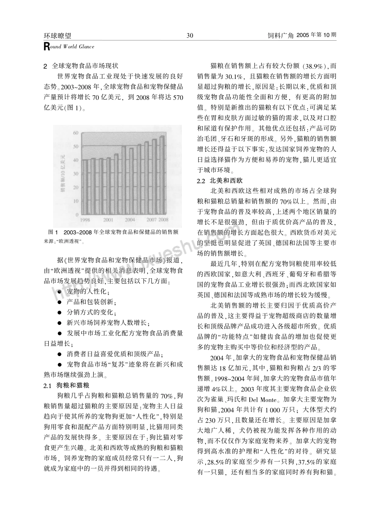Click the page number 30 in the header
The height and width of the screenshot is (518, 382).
190,35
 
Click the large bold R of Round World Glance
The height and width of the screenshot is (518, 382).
46,47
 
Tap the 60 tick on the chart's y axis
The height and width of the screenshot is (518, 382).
75,133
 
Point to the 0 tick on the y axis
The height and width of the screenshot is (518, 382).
76,215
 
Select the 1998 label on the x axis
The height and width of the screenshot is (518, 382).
85,220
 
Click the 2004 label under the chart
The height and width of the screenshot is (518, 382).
129,220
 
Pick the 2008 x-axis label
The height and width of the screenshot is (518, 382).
163,220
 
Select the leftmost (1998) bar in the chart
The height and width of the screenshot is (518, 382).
85,187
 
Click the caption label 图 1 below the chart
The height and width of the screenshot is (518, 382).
53,232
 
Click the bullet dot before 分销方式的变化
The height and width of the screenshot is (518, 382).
59,313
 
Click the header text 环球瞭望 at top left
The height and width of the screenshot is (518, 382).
57,35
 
